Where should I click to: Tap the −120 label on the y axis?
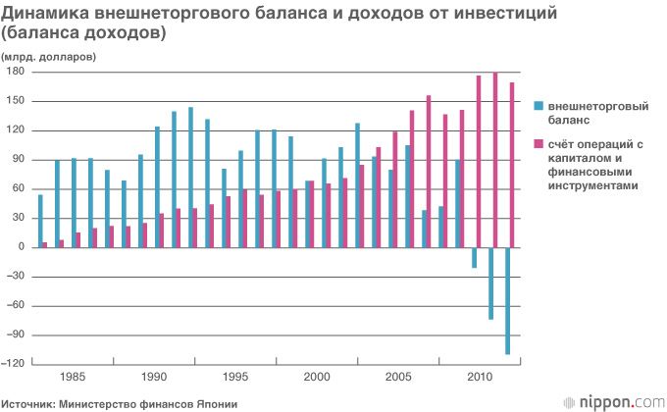click(x=15, y=364)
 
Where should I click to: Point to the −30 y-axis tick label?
click(x=17, y=277)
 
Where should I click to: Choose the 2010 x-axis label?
click(x=480, y=377)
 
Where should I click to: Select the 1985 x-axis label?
click(x=73, y=377)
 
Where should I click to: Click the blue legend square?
click(x=538, y=105)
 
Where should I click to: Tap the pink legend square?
click(x=538, y=144)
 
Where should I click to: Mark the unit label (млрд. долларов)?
click(x=48, y=57)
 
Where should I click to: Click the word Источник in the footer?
click(x=28, y=403)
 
